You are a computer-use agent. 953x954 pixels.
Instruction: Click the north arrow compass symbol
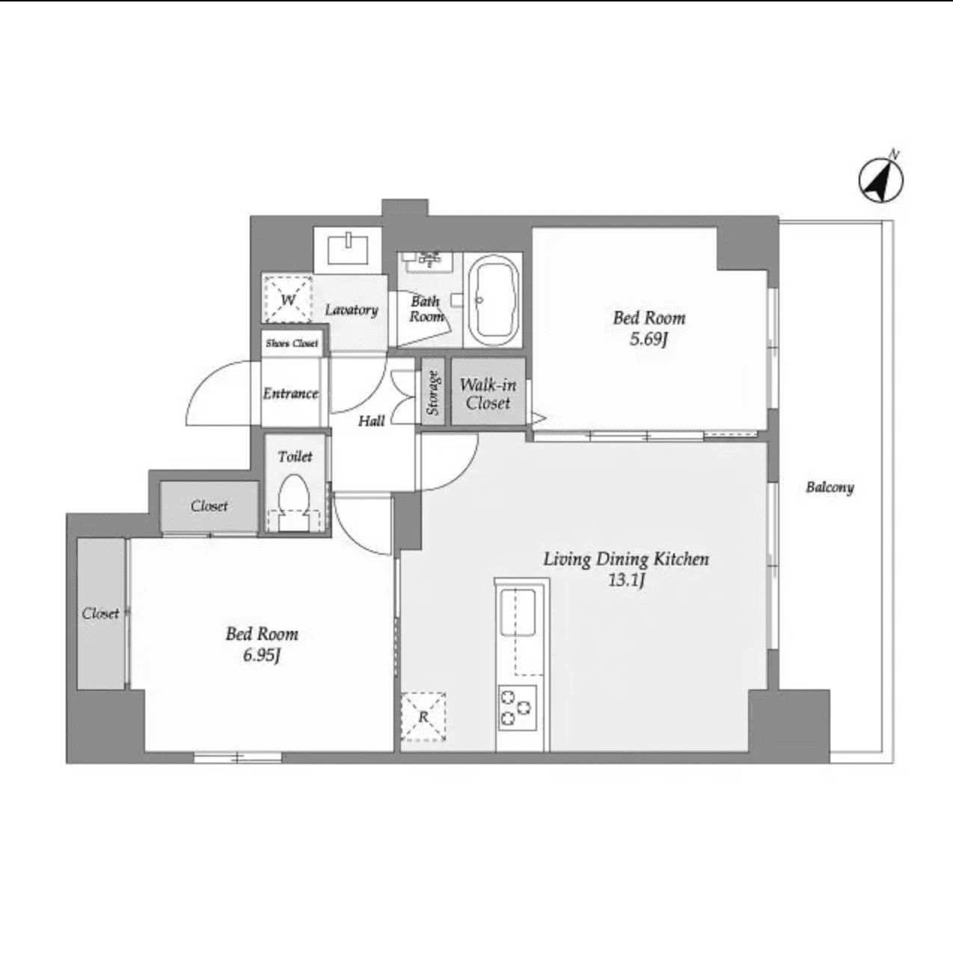click(x=880, y=179)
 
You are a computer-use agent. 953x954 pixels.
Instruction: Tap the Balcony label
click(x=829, y=487)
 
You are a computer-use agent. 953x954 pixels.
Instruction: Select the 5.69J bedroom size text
click(x=648, y=339)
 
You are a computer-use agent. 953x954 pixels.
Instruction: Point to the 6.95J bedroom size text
click(x=261, y=656)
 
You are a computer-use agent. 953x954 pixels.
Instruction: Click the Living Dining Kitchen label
click(x=625, y=558)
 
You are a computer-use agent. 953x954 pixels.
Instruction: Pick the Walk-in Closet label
click(x=488, y=394)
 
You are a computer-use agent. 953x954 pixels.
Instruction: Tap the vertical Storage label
click(x=432, y=393)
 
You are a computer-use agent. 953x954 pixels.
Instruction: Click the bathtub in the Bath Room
click(x=493, y=300)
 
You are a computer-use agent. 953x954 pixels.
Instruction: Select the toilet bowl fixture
click(x=294, y=500)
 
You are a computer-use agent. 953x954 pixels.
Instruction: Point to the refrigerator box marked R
click(x=423, y=717)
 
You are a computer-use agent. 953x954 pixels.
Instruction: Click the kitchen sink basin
click(x=518, y=612)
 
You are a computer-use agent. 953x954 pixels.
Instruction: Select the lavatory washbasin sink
click(x=349, y=247)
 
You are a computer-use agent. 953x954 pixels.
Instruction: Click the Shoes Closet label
click(x=292, y=344)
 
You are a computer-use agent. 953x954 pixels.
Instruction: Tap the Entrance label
click(x=290, y=393)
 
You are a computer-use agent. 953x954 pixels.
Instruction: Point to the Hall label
click(x=371, y=421)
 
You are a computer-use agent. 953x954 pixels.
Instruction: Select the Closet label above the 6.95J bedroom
click(x=209, y=506)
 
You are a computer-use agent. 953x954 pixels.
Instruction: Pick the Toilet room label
click(x=295, y=456)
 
